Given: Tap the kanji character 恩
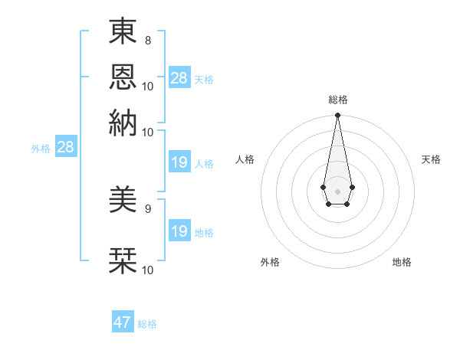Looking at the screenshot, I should [123, 77].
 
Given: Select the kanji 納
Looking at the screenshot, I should [123, 123].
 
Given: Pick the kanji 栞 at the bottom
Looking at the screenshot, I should [123, 260].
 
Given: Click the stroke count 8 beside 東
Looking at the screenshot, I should [147, 39].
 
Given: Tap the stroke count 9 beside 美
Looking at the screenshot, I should [147, 208].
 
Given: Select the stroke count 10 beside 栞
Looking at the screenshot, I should [148, 270].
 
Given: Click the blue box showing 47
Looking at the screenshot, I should [123, 322].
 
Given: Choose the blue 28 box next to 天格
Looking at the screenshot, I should [179, 77].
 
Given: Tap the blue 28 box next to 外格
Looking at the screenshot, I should [65, 147].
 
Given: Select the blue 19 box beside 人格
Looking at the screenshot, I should [179, 162].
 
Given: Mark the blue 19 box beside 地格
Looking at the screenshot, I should [179, 231].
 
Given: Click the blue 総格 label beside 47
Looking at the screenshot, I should [147, 324].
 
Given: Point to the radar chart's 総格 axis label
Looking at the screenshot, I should [338, 100].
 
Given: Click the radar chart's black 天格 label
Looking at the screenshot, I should [431, 159].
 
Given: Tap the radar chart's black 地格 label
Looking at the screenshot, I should [402, 263].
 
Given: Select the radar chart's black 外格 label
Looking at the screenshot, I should [270, 263].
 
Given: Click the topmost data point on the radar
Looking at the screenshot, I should [337, 116].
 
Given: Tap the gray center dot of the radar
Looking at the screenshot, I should [337, 190].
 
